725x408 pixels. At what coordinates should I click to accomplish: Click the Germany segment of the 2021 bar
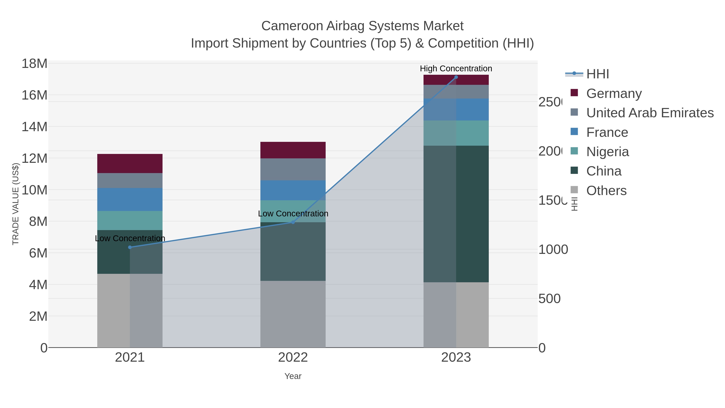130,163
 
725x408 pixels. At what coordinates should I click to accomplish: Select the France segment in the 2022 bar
293,190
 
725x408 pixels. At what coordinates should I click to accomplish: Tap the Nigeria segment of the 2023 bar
456,133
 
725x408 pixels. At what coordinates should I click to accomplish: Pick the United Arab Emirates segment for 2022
293,169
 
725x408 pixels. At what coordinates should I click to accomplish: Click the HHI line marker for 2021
130,247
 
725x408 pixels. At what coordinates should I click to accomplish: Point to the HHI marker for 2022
293,222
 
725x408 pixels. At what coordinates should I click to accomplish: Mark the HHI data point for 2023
456,77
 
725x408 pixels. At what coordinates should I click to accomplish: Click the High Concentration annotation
456,69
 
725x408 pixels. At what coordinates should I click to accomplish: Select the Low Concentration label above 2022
293,213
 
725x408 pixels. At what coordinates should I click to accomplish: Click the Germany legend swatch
574,93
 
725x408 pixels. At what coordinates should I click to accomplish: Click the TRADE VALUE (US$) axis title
16,204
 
